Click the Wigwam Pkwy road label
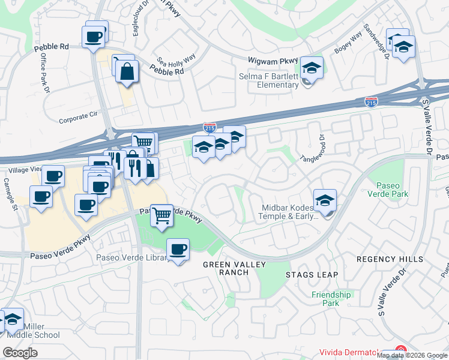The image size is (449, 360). point(273,61)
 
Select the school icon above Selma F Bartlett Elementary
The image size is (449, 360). point(312,68)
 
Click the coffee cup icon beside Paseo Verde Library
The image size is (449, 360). point(177,250)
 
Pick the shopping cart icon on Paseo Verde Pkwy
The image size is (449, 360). point(161,215)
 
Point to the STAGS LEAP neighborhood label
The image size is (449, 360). point(312,275)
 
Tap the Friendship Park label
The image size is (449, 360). point(331,299)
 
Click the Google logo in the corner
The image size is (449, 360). point(20,353)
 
